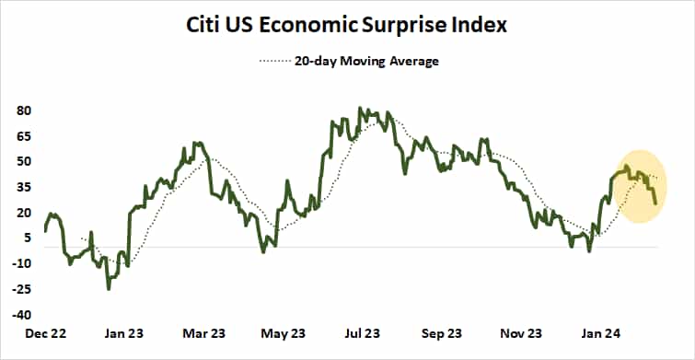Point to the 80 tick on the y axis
pyautogui.click(x=24, y=110)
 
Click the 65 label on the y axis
pyautogui.click(x=24, y=136)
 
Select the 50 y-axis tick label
pyautogui.click(x=24, y=161)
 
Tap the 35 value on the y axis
pyautogui.click(x=24, y=187)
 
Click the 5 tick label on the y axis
pyautogui.click(x=28, y=238)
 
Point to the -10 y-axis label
pyautogui.click(x=22, y=263)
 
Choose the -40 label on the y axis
pyautogui.click(x=22, y=314)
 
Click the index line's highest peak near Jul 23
pyautogui.click(x=360, y=109)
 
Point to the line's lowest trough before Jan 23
pyautogui.click(x=109, y=288)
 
